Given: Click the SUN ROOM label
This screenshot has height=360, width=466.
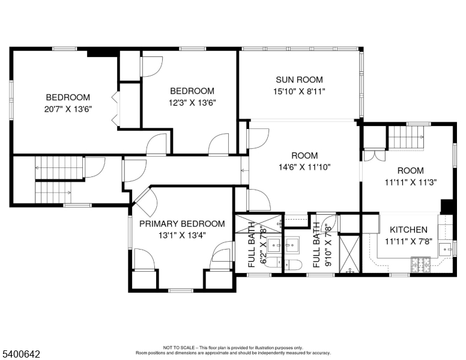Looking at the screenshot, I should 299,79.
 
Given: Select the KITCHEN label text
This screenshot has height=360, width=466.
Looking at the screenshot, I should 408,230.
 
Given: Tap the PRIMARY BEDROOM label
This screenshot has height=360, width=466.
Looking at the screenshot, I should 182,224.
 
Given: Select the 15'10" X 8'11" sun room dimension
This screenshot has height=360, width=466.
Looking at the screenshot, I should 299,92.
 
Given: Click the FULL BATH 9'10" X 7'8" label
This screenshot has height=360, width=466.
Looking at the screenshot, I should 321,244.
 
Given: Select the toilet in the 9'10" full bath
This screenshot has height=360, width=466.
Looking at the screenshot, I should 293,265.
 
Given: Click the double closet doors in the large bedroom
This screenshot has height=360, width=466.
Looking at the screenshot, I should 115,110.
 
